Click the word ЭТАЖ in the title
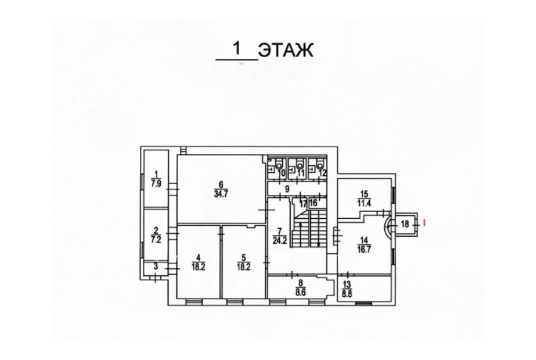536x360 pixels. pyautogui.click(x=286, y=51)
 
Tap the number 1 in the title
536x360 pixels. pyautogui.click(x=236, y=49)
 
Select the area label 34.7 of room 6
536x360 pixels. pyautogui.click(x=221, y=194)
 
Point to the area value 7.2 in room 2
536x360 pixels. pyautogui.click(x=156, y=240)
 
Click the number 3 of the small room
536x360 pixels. pyautogui.click(x=156, y=266)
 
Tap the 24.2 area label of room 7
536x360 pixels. pyautogui.click(x=279, y=240)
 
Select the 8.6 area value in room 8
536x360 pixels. pyautogui.click(x=301, y=293)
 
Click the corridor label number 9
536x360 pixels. pyautogui.click(x=287, y=188)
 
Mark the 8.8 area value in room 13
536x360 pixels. pyautogui.click(x=346, y=293)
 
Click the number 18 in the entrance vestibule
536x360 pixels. pyautogui.click(x=405, y=224)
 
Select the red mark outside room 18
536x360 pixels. pyautogui.click(x=424, y=223)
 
